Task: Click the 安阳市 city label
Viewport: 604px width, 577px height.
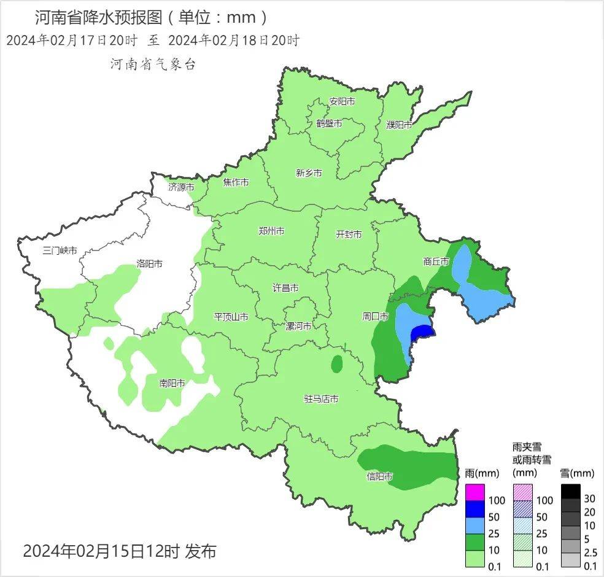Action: [342, 101]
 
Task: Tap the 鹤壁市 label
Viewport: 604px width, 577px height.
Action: [329, 123]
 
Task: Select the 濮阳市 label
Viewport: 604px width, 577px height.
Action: [399, 125]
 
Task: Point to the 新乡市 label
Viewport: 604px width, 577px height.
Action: [309, 173]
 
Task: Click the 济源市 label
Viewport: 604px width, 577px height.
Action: [181, 187]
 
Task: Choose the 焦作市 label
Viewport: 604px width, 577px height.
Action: [236, 182]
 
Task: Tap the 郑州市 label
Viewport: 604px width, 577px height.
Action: [271, 231]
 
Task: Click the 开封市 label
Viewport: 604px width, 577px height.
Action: [349, 234]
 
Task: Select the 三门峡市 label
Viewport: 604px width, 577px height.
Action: [60, 250]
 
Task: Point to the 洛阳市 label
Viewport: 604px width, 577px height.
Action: [149, 264]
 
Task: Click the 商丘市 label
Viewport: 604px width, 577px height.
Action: [436, 261]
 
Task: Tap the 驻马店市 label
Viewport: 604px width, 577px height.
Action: [321, 399]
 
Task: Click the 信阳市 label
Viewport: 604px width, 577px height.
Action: [379, 476]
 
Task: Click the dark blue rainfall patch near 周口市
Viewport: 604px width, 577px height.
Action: [422, 335]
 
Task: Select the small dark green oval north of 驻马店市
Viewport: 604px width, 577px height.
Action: [336, 365]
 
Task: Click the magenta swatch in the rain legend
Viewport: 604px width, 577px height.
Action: [475, 492]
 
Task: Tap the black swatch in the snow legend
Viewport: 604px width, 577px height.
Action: [570, 492]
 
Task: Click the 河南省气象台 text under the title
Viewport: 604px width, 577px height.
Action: [153, 64]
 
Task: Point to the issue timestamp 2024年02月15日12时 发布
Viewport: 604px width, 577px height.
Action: [119, 551]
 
